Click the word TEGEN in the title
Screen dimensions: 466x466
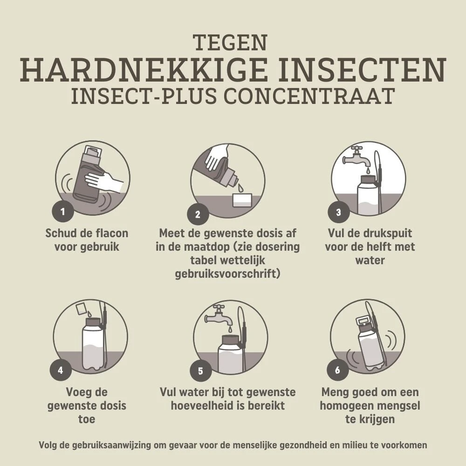click(231, 42)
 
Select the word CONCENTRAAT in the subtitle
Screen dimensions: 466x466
click(309, 96)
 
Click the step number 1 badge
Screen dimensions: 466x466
click(63, 212)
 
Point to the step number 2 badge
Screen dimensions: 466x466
click(198, 214)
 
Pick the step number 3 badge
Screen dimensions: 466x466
click(338, 212)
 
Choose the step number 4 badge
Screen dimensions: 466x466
click(61, 370)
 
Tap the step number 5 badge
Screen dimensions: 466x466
click(200, 370)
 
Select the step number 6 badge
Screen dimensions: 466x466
click(337, 370)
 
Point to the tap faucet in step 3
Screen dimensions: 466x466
click(357, 158)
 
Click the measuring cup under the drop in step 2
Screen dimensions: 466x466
click(243, 200)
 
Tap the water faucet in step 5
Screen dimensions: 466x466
click(219, 316)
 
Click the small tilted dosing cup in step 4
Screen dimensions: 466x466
click(81, 308)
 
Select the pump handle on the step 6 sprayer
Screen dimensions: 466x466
click(363, 321)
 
